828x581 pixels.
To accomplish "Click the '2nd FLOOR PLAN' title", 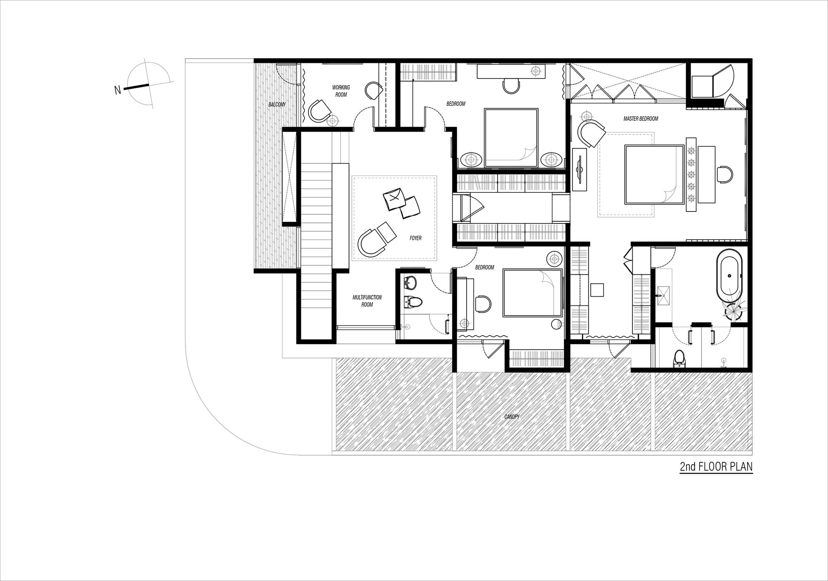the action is point(716,467).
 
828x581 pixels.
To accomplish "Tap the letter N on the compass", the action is point(118,90).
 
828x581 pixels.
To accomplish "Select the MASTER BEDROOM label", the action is point(641,119).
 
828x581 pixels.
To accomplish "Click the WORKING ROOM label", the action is point(341,91).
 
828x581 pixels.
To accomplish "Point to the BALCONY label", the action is point(277,105).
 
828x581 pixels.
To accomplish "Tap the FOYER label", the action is point(415,238).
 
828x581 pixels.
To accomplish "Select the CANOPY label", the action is point(511,417).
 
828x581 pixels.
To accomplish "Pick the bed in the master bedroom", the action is point(654,174).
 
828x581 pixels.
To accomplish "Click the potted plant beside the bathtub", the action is point(734,310).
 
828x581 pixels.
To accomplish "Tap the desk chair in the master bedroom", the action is point(724,174).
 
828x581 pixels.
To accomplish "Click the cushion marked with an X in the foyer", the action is point(393,199).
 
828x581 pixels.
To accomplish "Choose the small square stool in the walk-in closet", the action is point(597,290).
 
